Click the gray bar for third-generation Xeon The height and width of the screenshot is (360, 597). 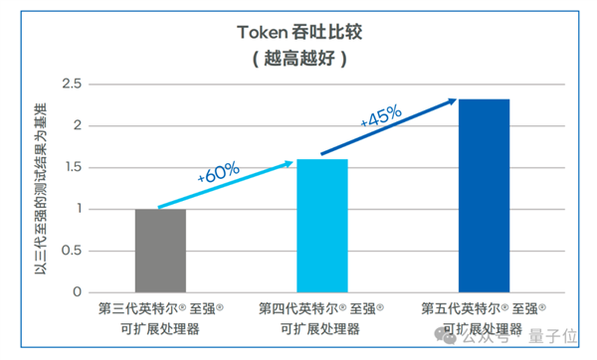coord(160,251)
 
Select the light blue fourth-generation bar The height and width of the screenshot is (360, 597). coord(322,226)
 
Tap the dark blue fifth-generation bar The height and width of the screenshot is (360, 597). coord(485,196)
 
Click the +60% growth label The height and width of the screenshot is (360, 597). coord(218,171)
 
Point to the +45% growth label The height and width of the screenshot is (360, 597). coord(380,115)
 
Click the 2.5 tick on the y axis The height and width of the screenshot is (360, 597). coord(69,84)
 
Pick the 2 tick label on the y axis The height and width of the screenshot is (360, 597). coord(76,125)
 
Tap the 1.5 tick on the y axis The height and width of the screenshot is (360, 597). coord(69,167)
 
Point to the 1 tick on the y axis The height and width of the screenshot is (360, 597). coord(76,209)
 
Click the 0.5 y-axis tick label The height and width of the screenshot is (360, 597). coord(69,251)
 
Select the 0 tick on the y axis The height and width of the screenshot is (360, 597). coord(76,292)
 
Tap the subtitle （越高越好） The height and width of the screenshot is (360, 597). coord(298,58)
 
